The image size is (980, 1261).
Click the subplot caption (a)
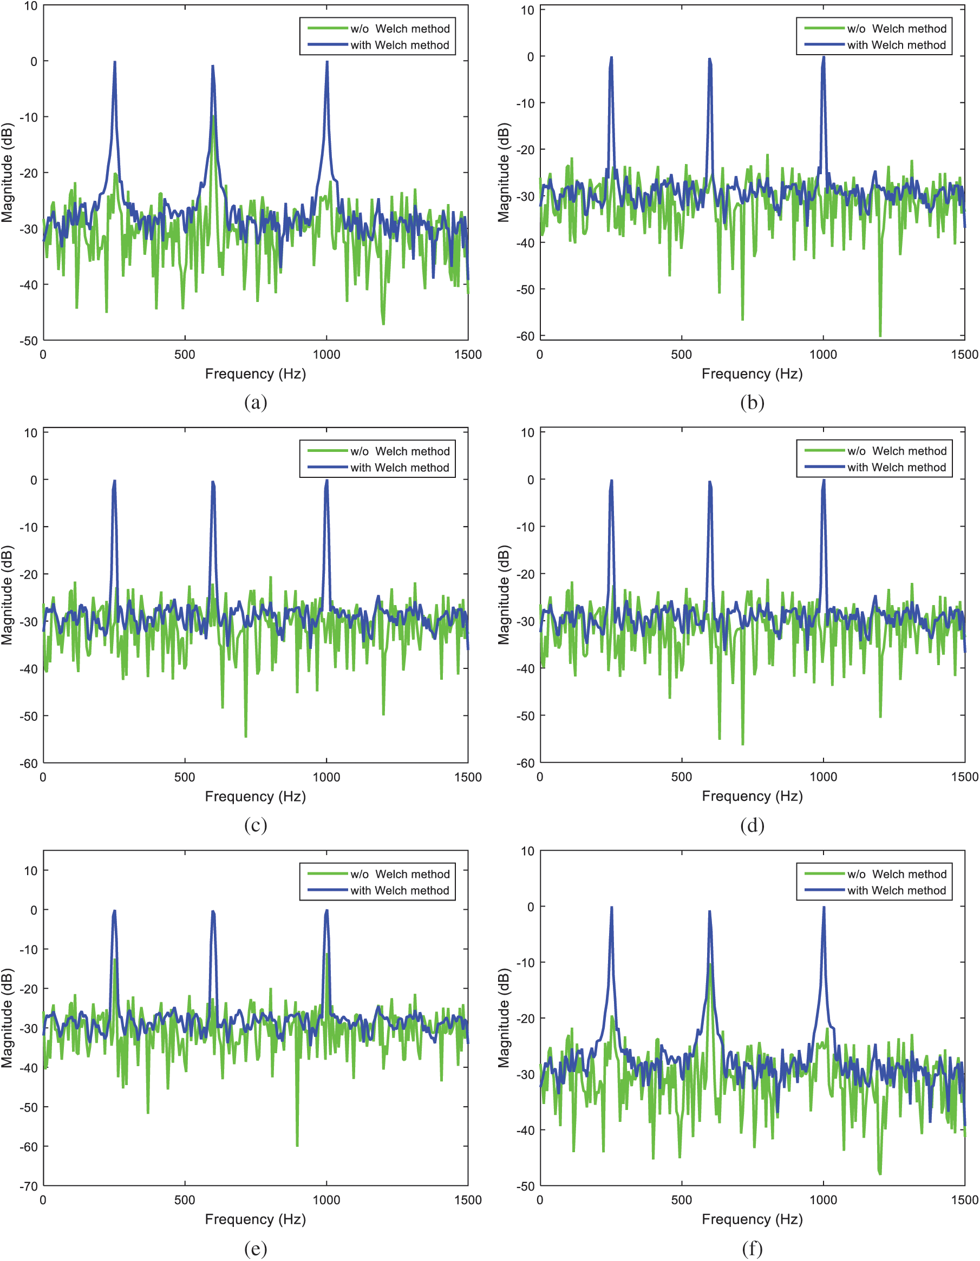[x=255, y=402]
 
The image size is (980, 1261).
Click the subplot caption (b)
[x=752, y=402]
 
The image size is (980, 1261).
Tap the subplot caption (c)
[x=255, y=825]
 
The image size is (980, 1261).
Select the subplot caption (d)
[x=752, y=825]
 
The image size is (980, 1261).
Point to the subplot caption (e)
[x=255, y=1249]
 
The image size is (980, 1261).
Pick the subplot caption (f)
[x=752, y=1249]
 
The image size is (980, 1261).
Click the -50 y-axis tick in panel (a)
[x=29, y=340]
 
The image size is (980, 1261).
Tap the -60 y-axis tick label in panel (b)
[x=526, y=336]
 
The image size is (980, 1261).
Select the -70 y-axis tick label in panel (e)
[x=29, y=1186]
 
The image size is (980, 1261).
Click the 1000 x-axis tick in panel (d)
[x=823, y=777]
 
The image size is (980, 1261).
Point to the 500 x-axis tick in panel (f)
[x=682, y=1200]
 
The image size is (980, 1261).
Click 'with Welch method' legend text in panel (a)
[x=400, y=45]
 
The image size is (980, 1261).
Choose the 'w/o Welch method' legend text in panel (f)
[x=897, y=874]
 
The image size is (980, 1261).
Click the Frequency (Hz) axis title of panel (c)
[x=255, y=797]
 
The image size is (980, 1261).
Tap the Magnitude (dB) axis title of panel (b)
[x=504, y=173]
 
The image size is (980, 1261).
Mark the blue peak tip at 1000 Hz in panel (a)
[x=327, y=62]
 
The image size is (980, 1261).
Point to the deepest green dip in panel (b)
[x=880, y=336]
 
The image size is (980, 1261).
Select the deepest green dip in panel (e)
[x=297, y=1146]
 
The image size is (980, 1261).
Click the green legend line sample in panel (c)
[x=327, y=451]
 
